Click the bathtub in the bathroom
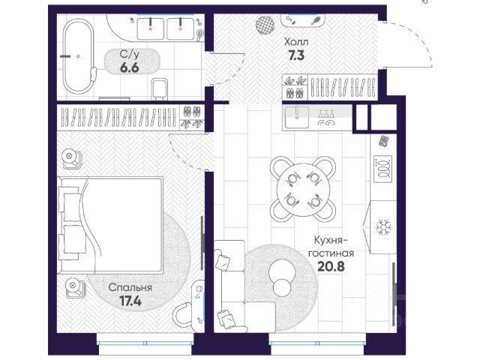tap(79, 57)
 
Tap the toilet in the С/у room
tap(160, 89)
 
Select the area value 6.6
tap(130, 67)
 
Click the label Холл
tap(296, 42)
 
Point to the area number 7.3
tap(296, 55)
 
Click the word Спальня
tap(130, 288)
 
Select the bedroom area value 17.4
tap(130, 301)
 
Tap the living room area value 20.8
tap(331, 267)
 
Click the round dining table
tap(303, 189)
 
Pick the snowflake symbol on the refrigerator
tap(384, 227)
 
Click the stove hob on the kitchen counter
tap(382, 169)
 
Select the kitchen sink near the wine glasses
tap(297, 117)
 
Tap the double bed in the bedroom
tap(110, 225)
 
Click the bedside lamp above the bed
tap(71, 159)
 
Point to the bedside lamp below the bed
tap(74, 287)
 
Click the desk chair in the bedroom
tap(182, 315)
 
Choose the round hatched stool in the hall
tap(265, 24)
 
